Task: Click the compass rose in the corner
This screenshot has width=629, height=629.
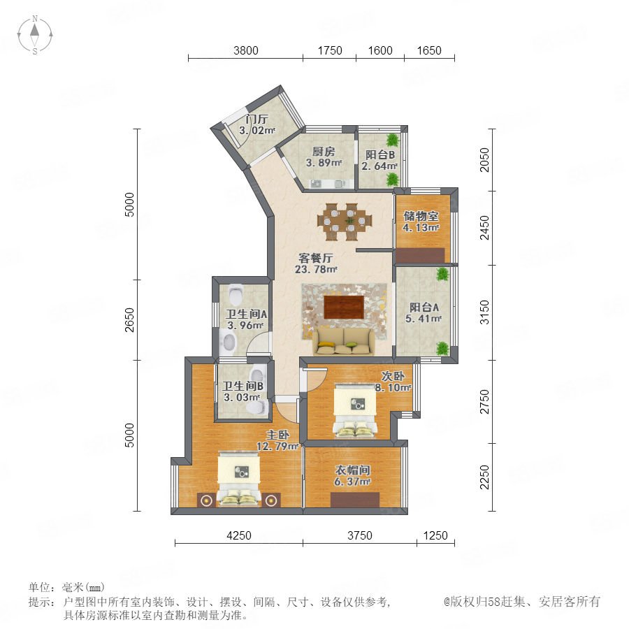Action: (x=35, y=35)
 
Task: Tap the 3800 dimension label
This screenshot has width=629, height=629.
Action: (x=246, y=50)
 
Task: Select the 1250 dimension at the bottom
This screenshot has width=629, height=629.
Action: (x=435, y=535)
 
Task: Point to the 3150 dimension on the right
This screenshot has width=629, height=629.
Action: (x=484, y=312)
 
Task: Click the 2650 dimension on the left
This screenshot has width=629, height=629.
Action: (x=129, y=319)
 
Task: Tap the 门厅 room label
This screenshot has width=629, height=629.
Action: (x=256, y=119)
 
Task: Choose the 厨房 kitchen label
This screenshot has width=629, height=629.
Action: (x=324, y=152)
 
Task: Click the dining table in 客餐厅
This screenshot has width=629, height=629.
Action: (x=345, y=222)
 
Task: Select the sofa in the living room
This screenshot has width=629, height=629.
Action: (x=344, y=342)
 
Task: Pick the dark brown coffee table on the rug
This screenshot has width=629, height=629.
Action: (x=344, y=307)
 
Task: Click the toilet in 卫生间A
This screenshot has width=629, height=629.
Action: (x=236, y=294)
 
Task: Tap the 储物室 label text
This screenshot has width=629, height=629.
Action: (x=421, y=216)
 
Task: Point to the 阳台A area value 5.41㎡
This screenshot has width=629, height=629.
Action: (x=424, y=319)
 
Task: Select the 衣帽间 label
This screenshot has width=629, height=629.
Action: (x=353, y=470)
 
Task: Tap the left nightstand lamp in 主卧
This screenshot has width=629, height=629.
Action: (x=206, y=500)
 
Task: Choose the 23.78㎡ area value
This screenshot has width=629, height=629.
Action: (x=316, y=269)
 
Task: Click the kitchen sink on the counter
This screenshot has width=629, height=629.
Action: (x=317, y=184)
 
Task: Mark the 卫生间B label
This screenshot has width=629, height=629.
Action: (x=243, y=386)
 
